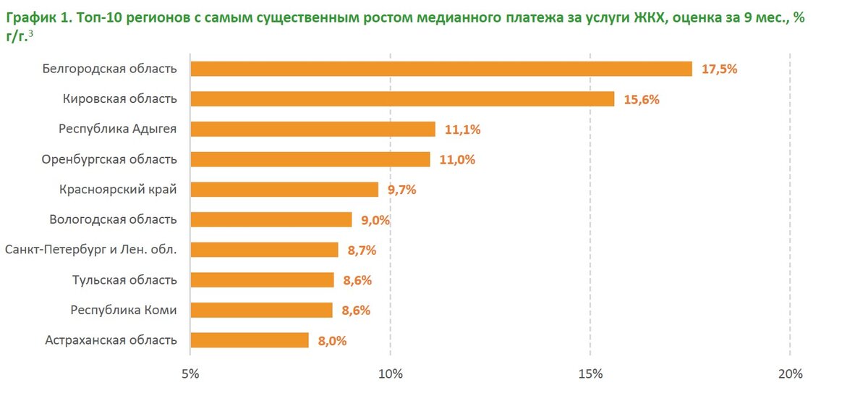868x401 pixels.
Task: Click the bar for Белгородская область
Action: (x=441, y=69)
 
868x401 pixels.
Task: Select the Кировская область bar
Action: (x=402, y=99)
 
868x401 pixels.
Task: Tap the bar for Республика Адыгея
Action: (x=312, y=129)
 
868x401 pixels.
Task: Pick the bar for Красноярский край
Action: (x=284, y=190)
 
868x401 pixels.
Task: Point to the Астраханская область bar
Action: (x=250, y=340)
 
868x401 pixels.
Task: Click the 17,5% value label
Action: (x=719, y=69)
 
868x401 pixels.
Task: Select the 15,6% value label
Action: (x=641, y=100)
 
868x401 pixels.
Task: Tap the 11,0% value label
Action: (x=456, y=160)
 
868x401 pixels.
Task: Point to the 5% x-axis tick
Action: (x=190, y=374)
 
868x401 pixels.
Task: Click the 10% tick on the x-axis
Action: (x=391, y=374)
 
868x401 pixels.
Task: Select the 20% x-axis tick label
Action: (x=791, y=374)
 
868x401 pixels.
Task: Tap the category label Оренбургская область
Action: (x=109, y=159)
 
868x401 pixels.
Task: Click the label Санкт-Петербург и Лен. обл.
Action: (x=91, y=250)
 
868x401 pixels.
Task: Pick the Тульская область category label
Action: (x=124, y=280)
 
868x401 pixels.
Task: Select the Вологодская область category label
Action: (x=113, y=219)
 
